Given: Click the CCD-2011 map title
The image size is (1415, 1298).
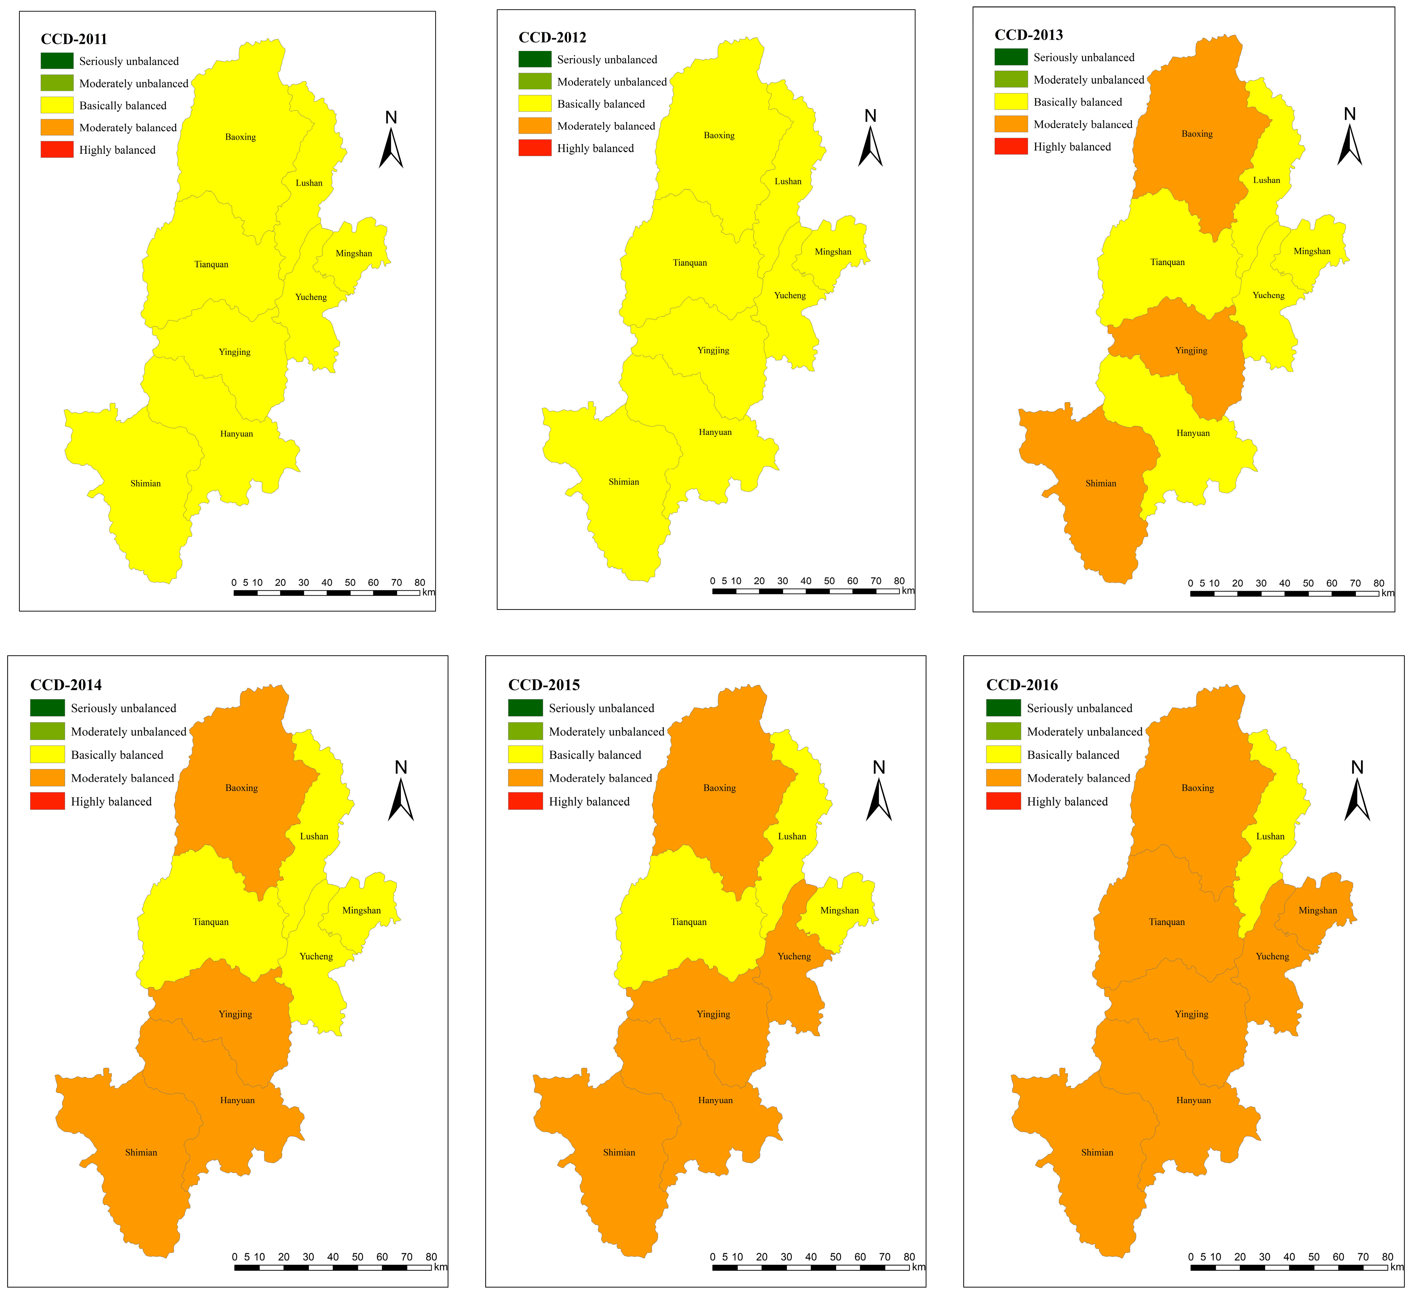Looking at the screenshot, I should pyautogui.click(x=74, y=39).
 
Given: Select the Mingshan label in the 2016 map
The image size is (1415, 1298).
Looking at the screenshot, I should pyautogui.click(x=1317, y=910).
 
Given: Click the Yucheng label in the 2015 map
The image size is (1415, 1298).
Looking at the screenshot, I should pyautogui.click(x=794, y=956).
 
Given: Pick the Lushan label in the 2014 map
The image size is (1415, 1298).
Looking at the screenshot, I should pyautogui.click(x=314, y=836).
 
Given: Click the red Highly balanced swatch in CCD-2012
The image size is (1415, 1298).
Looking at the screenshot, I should pyautogui.click(x=535, y=148).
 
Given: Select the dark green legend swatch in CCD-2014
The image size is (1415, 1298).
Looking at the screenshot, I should pyautogui.click(x=47, y=708).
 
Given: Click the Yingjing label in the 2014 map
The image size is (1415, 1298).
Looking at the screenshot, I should pyautogui.click(x=235, y=1014).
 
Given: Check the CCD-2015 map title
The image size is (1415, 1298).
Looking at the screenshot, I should pyautogui.click(x=544, y=685).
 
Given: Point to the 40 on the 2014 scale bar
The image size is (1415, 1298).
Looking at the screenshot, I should pyautogui.click(x=333, y=1257).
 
